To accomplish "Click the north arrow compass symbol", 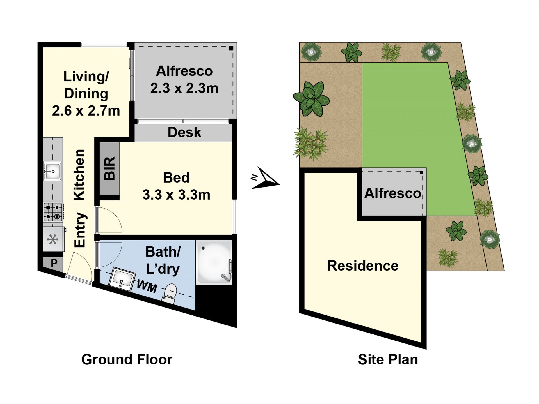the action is point(265,179).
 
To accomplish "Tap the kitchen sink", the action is point(52,171).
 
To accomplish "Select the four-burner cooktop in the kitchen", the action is point(53,212).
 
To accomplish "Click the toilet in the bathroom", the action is point(170,293).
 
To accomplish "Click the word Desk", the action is point(184,132).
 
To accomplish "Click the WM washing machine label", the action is point(147,287).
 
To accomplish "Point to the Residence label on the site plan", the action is point(363,266).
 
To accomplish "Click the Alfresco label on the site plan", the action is point(393,193).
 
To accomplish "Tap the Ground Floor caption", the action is point(127,359).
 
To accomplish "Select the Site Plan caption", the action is point(388,359).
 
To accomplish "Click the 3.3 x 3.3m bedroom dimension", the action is point(176,195).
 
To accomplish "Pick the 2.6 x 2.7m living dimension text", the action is point(86,111).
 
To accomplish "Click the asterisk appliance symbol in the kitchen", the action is point(52,240).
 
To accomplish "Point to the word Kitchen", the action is point(79,175).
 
